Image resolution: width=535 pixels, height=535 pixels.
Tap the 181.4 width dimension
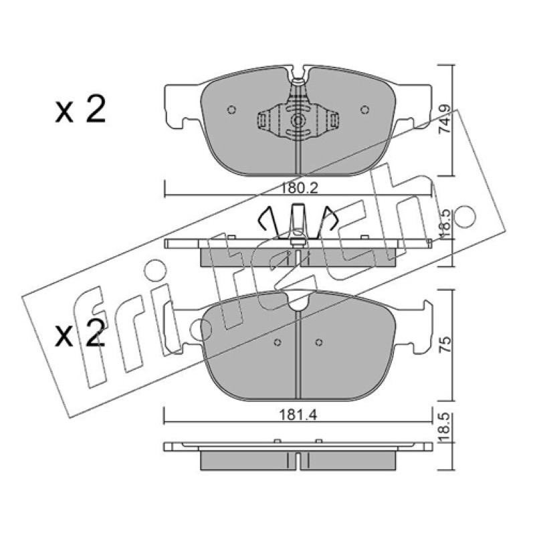click(x=298, y=415)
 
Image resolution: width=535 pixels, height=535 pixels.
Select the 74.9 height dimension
click(x=445, y=119)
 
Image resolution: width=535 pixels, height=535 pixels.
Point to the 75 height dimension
click(x=446, y=344)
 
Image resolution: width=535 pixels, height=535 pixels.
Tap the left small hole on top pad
click(x=231, y=110)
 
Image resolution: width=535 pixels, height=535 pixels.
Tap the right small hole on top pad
click(x=364, y=110)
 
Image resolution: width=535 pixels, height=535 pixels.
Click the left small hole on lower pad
click(x=278, y=342)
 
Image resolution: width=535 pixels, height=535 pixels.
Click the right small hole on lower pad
click(x=319, y=342)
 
